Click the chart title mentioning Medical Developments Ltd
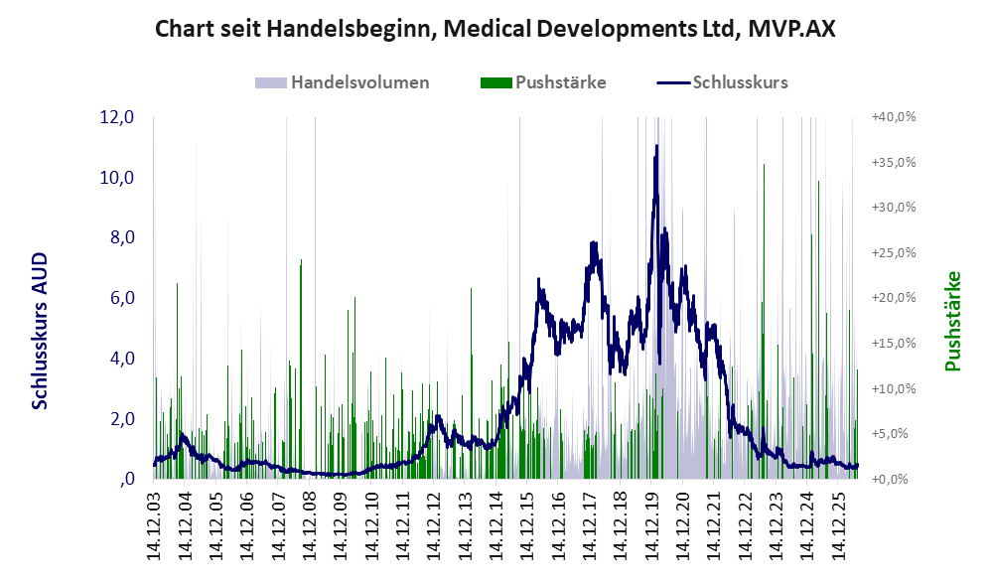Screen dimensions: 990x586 coord(495,29)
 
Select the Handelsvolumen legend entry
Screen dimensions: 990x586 coord(343,82)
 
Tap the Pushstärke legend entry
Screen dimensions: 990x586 coord(543,82)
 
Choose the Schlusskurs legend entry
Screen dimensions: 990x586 coord(722,82)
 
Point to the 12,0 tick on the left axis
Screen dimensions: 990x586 coord(117,117)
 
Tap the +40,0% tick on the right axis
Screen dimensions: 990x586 coord(894,117)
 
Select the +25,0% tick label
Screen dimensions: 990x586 coord(894,253)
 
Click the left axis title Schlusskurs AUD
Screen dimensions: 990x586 coord(39,331)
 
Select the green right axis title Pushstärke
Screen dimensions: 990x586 coord(952,322)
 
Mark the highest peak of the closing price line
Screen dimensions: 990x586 coord(656,146)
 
